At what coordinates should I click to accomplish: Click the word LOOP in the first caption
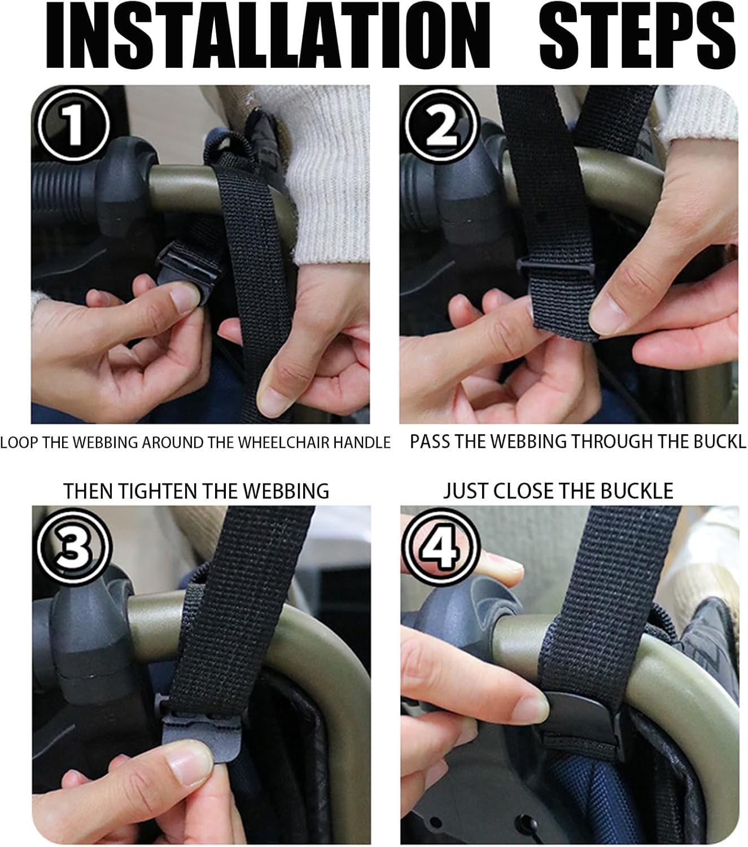pos(20,442)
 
